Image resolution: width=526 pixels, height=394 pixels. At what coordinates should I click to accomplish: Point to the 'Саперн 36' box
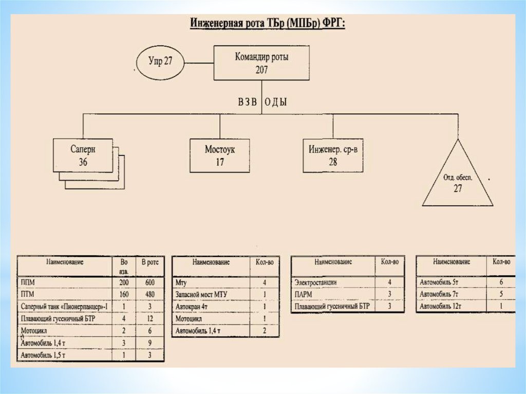click(x=83, y=155)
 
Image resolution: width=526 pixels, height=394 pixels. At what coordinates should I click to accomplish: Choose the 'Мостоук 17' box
click(x=220, y=155)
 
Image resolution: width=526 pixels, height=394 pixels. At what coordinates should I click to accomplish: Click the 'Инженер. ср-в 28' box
click(x=332, y=155)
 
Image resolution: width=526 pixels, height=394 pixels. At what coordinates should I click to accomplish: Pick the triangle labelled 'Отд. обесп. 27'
click(x=457, y=182)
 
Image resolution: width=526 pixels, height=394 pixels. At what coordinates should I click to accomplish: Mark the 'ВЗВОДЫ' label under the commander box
click(x=262, y=102)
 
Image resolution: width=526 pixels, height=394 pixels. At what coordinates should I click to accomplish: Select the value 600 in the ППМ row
click(x=150, y=283)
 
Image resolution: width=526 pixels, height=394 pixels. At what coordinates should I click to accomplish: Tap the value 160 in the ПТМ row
click(x=124, y=294)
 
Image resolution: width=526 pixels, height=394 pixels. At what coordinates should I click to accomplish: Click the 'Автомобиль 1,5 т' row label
click(x=44, y=355)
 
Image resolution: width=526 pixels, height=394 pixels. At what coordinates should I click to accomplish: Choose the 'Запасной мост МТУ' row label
click(x=201, y=294)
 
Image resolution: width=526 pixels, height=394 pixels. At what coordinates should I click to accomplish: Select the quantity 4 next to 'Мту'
click(x=265, y=283)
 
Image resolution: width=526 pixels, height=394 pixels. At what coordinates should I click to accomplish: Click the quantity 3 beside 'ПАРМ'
click(x=389, y=294)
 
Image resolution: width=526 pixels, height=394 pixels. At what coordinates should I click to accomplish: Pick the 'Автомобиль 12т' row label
click(x=441, y=306)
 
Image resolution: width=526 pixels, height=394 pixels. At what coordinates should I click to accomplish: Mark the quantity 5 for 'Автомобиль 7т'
click(x=501, y=294)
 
